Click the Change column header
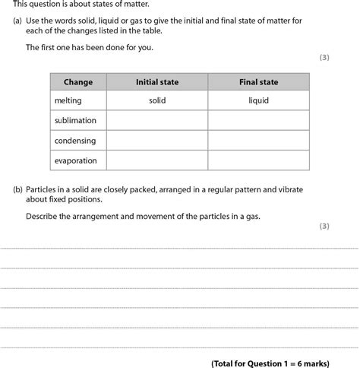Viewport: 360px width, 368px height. click(x=78, y=82)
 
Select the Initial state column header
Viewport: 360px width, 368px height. click(x=157, y=82)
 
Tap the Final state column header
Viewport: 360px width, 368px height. click(x=258, y=82)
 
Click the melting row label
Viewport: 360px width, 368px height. click(x=68, y=100)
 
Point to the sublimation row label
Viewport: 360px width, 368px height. click(x=75, y=120)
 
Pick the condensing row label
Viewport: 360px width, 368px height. click(x=74, y=140)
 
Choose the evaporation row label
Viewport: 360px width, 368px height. click(x=76, y=160)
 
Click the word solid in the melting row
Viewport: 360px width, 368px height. click(x=157, y=100)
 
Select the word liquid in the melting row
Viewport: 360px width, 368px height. click(x=258, y=100)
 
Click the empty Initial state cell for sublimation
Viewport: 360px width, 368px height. click(x=157, y=120)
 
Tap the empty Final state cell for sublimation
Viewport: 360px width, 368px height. click(x=258, y=120)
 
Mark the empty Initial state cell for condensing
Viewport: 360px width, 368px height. click(x=157, y=140)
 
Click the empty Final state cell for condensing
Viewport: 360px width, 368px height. click(x=258, y=140)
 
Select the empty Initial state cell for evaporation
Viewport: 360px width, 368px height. click(x=157, y=160)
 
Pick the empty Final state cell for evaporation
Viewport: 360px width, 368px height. click(x=258, y=160)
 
